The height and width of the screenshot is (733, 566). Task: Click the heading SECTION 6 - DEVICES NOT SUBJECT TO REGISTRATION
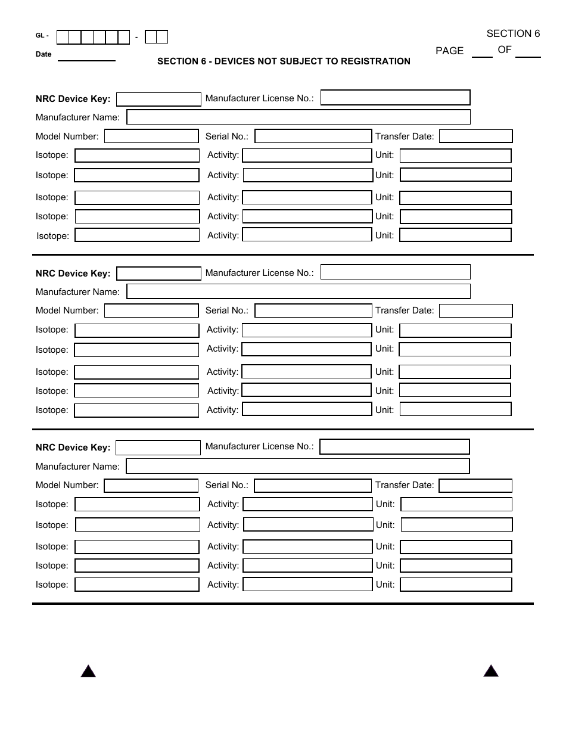[x=284, y=61]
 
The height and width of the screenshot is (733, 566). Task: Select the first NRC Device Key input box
[x=158, y=99]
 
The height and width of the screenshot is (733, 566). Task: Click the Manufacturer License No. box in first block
[x=395, y=98]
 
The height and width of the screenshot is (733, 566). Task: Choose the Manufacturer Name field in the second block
[x=298, y=291]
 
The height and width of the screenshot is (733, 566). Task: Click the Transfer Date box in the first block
[x=475, y=136]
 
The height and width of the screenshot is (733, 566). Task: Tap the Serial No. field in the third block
[x=312, y=486]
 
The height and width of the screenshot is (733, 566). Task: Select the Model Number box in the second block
[x=151, y=311]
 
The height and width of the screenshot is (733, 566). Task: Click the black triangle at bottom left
[x=88, y=672]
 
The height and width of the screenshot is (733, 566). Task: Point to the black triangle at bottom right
[x=491, y=672]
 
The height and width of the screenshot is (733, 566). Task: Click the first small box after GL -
[x=63, y=38]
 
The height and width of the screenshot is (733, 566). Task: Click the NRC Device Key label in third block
[x=73, y=448]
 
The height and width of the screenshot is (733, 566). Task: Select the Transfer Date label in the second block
[x=405, y=310]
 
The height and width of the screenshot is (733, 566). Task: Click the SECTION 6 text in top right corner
[x=513, y=34]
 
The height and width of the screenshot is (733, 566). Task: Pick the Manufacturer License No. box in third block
[x=394, y=447]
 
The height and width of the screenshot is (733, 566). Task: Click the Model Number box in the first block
[x=151, y=136]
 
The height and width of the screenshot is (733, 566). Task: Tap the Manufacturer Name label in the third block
[x=77, y=467]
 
